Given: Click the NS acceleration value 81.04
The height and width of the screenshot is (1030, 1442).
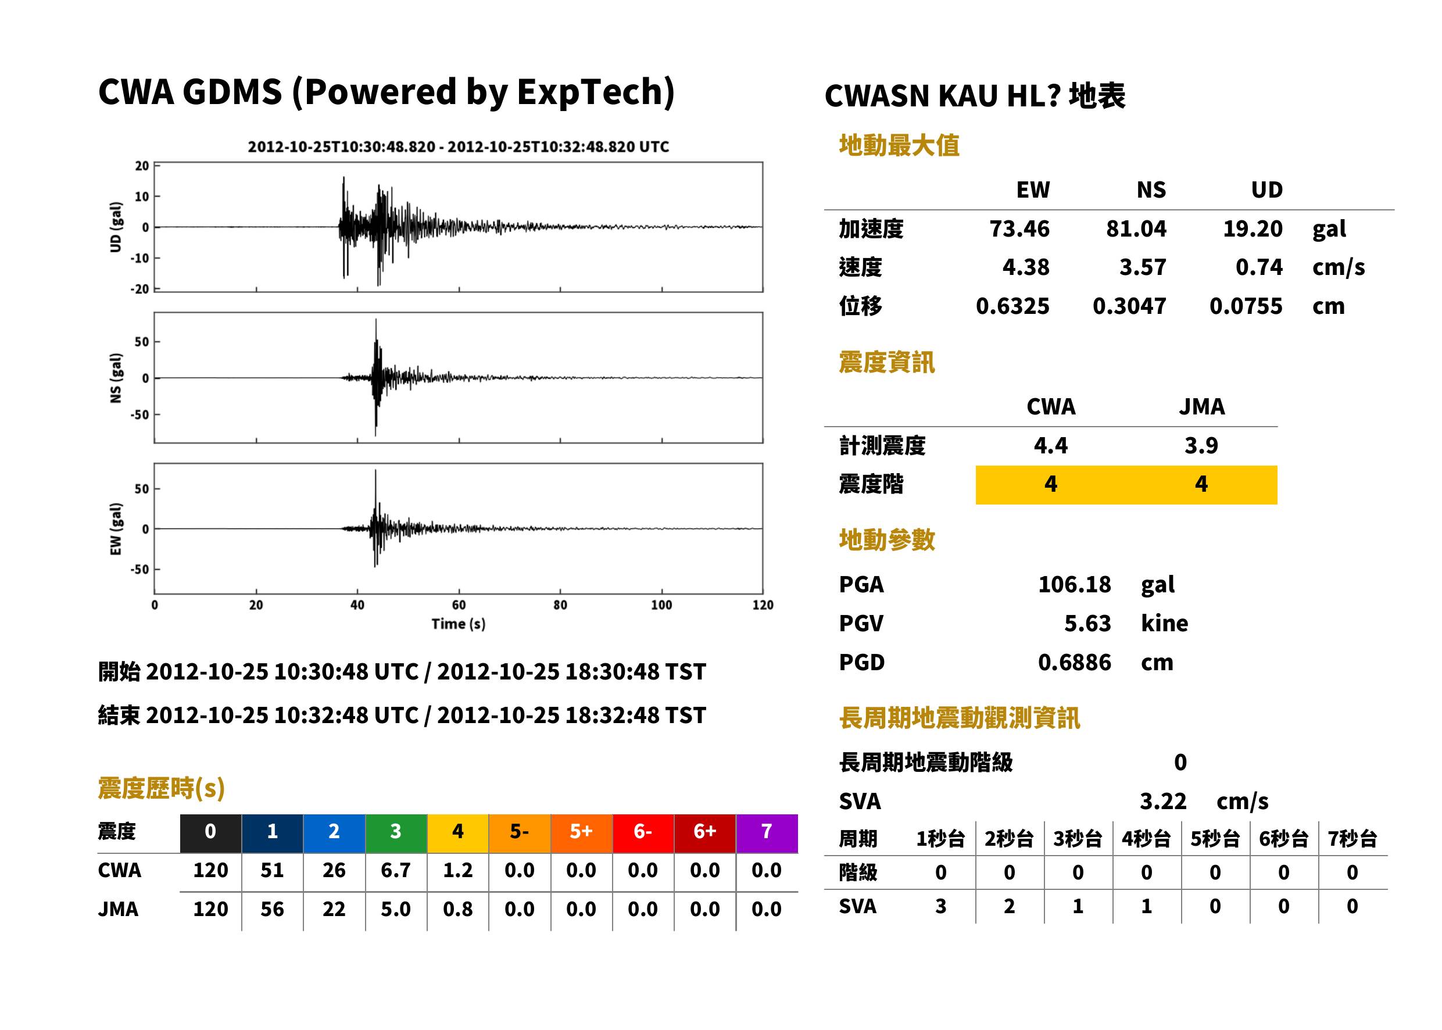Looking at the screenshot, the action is (x=1136, y=228).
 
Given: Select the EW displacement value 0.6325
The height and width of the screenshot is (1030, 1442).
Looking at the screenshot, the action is (x=1012, y=306).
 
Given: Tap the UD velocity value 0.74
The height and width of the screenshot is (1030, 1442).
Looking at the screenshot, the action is (x=1259, y=267).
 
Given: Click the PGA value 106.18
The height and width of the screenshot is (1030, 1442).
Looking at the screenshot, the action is (x=1074, y=584).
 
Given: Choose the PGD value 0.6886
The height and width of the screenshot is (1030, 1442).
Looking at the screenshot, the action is (x=1074, y=663).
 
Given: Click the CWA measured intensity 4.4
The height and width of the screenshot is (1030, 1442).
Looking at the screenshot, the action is (x=1051, y=445).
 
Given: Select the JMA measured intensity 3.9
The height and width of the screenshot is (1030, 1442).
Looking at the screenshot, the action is (x=1201, y=445).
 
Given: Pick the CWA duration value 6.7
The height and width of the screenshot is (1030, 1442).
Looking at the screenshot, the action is (x=396, y=870).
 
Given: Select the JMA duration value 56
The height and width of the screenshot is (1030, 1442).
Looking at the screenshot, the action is (x=272, y=910).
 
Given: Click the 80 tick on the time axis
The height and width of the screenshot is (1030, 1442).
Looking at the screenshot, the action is (x=560, y=605).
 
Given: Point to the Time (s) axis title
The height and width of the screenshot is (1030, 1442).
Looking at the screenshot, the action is (x=459, y=624).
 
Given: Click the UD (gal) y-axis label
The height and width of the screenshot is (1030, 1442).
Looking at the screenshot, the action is (x=116, y=227).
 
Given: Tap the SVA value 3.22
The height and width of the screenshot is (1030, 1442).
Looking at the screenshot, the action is (x=1163, y=802).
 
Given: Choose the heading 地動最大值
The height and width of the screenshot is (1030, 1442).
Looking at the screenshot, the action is (x=899, y=145).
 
